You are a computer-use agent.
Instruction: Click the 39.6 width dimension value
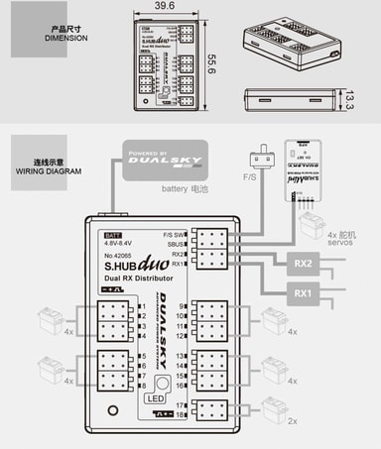[x=164, y=7]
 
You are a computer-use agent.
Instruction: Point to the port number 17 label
[x=181, y=405]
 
